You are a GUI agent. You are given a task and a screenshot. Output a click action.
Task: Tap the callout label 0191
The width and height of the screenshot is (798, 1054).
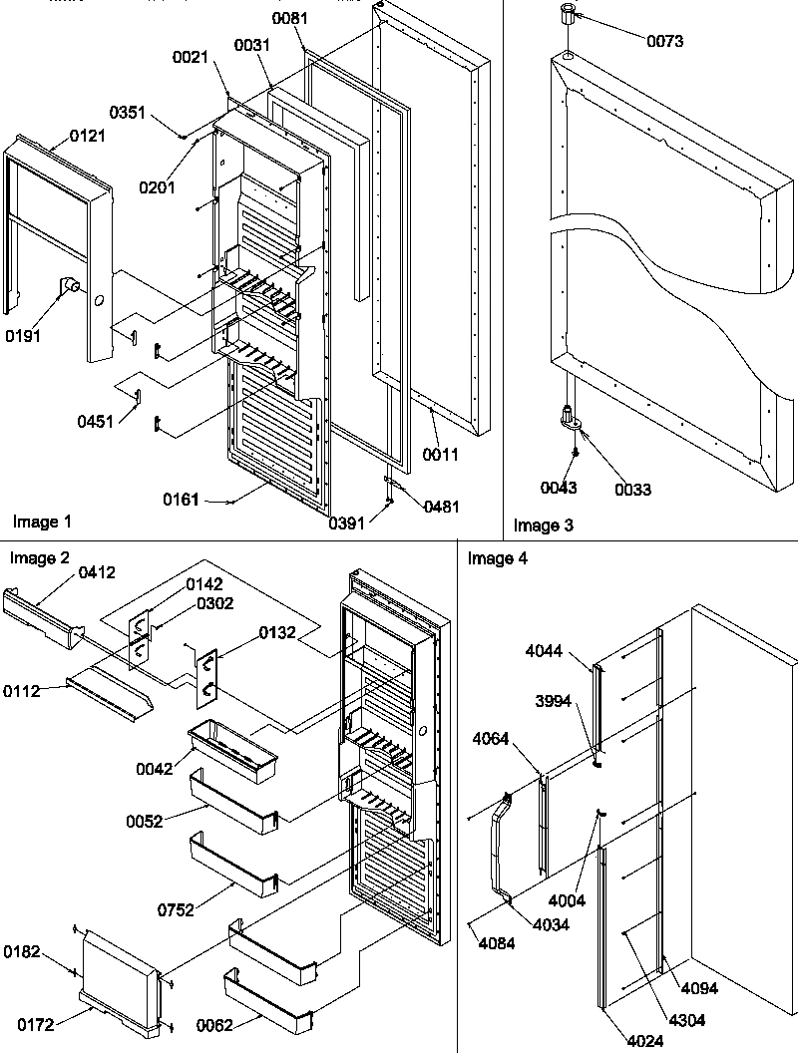[x=23, y=336]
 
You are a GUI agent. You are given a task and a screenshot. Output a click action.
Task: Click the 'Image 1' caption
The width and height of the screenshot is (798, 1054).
[x=42, y=522]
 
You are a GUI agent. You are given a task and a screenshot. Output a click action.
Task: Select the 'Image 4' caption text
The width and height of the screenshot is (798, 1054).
[x=498, y=558]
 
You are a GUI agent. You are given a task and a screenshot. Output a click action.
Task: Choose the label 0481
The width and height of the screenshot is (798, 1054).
[x=440, y=507]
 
